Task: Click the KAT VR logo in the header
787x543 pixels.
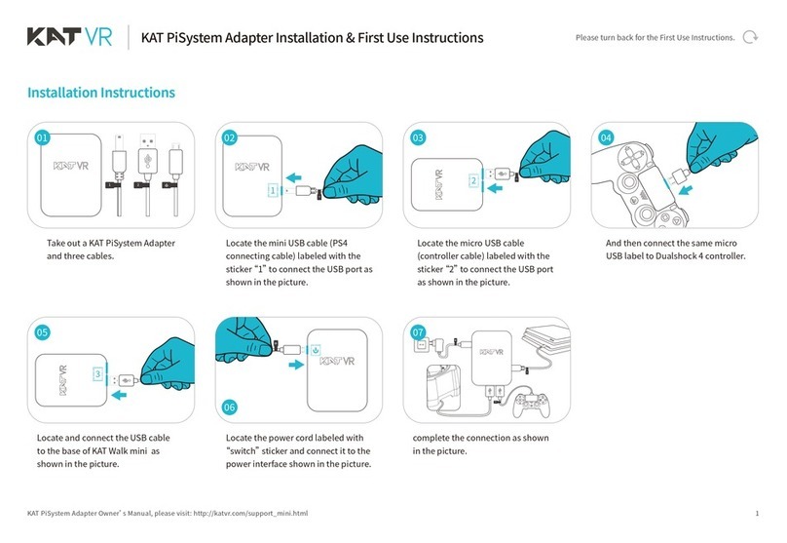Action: (x=69, y=38)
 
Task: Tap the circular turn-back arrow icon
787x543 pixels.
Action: (x=750, y=38)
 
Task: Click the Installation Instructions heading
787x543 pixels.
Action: (x=101, y=93)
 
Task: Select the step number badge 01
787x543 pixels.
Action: (x=42, y=138)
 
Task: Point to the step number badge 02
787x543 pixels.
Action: (x=230, y=138)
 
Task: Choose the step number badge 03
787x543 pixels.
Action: (x=418, y=138)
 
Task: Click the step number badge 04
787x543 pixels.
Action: (x=606, y=138)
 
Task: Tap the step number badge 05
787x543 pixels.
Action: (x=42, y=332)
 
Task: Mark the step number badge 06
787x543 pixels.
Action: (x=230, y=407)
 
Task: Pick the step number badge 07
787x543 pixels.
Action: (x=418, y=332)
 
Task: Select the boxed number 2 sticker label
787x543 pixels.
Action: (x=471, y=180)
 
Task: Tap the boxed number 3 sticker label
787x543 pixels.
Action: (x=97, y=374)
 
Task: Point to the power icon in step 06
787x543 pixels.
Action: (x=316, y=349)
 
